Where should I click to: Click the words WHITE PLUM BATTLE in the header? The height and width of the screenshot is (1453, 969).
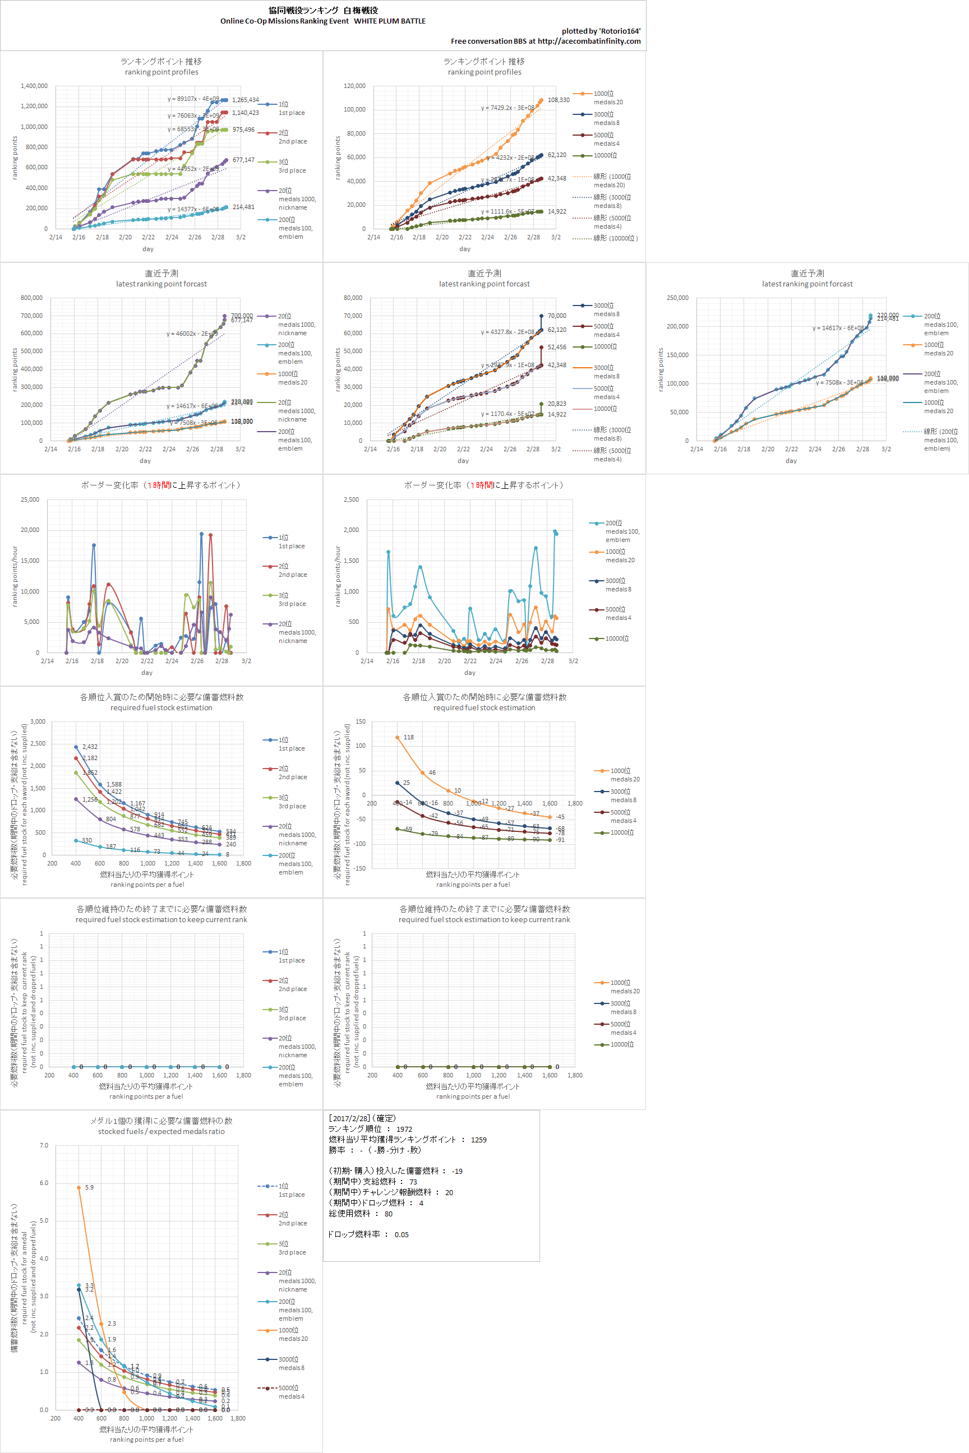(x=389, y=21)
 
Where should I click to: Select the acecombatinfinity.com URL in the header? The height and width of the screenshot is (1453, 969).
(x=589, y=41)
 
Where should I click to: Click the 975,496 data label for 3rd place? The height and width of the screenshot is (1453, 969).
(x=243, y=129)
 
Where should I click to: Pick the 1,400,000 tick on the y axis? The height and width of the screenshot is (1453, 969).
(x=34, y=86)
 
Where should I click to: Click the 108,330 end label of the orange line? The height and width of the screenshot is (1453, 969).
(x=558, y=100)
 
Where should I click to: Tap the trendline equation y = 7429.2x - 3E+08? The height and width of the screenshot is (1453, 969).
(x=507, y=108)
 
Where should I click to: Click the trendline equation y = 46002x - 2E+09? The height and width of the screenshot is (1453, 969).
(x=192, y=334)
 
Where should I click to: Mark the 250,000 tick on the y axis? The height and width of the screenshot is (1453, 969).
(x=677, y=298)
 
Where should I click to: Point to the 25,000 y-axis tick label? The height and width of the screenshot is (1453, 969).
(x=30, y=500)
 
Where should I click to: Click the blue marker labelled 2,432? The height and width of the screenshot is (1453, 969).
(x=76, y=747)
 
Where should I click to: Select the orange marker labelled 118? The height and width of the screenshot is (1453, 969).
(x=398, y=738)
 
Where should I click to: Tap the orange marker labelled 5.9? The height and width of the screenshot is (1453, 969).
(x=79, y=1187)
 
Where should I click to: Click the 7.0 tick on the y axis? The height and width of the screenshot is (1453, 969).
(x=44, y=1145)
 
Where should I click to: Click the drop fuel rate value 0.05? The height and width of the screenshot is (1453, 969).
(x=402, y=1235)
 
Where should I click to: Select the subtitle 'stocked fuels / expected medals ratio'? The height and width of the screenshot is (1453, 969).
(x=161, y=1132)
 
